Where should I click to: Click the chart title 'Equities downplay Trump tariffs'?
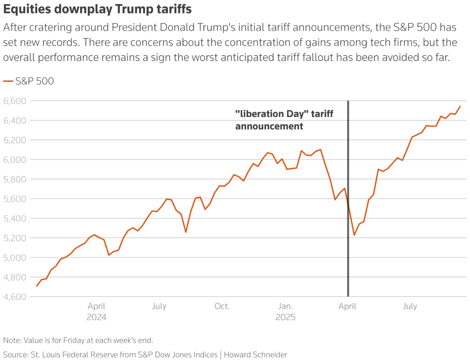click(97, 9)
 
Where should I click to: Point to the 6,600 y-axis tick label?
click(15, 101)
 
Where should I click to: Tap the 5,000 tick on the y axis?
click(15, 258)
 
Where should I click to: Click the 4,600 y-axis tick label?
click(15, 297)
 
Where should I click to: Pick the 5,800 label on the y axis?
click(15, 179)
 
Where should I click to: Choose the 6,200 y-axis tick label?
click(15, 140)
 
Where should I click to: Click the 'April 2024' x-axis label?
click(96, 311)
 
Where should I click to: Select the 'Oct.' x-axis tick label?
click(222, 307)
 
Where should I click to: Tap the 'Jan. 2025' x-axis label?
click(285, 311)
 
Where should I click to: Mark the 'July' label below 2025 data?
click(410, 307)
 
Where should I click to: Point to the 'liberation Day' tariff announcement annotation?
click(284, 120)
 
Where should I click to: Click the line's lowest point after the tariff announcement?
click(354, 235)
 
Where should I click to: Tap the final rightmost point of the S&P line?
click(460, 106)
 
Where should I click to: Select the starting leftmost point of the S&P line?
click(37, 286)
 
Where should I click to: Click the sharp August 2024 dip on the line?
click(186, 232)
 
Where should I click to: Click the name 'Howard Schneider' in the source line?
click(256, 355)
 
